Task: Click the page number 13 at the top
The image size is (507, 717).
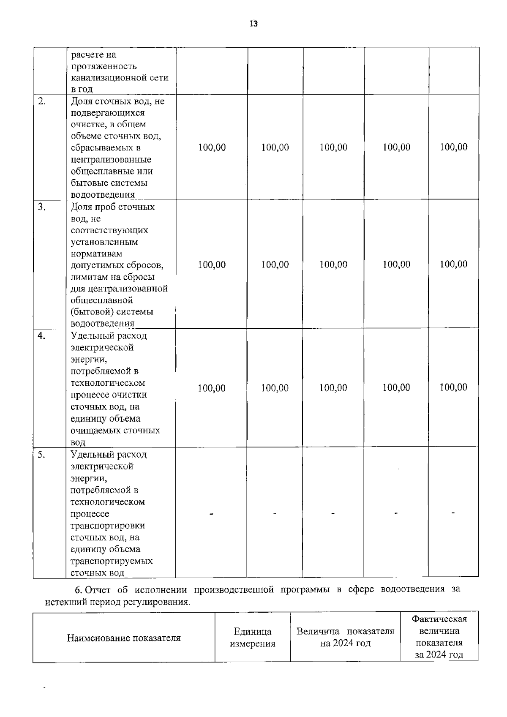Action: point(253,24)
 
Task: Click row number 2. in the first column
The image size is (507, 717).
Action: point(42,101)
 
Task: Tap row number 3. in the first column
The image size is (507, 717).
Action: point(42,207)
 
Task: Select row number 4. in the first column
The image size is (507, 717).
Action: point(41,336)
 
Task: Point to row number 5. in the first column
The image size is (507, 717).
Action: point(41,455)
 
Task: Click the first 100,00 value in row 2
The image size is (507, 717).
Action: point(212,147)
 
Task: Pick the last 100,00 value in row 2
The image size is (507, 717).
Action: point(453,147)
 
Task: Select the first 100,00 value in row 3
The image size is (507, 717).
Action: point(212,265)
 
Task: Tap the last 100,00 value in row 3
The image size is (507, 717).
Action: point(453,264)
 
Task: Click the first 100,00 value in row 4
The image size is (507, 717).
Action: point(212,388)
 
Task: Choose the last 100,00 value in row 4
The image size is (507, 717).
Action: point(453,387)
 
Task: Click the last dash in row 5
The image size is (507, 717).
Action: point(453,513)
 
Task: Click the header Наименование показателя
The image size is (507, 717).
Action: point(123,638)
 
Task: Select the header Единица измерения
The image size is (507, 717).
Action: point(252,638)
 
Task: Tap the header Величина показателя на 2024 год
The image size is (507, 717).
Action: point(345,637)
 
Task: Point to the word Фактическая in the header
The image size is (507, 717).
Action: point(439,619)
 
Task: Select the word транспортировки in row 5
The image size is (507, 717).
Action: point(107,526)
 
